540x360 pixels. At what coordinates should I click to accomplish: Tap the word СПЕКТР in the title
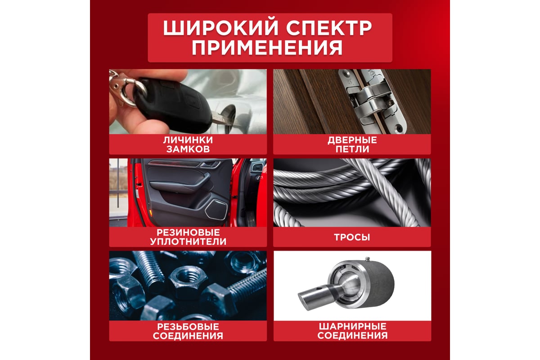(329, 28)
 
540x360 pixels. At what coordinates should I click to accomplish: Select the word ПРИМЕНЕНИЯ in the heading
(267, 48)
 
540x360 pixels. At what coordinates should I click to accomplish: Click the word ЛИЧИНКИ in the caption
(188, 140)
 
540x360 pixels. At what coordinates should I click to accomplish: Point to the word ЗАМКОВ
(188, 149)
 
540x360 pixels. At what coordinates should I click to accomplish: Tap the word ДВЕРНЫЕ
(352, 140)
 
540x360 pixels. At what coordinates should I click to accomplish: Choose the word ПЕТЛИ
(352, 149)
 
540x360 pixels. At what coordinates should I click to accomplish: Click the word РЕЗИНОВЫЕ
(188, 233)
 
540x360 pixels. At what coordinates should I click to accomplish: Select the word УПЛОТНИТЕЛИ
(188, 242)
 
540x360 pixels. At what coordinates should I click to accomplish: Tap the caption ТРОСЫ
(352, 237)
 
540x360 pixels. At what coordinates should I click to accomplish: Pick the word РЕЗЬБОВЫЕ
(188, 327)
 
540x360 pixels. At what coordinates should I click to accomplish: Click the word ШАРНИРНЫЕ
(352, 326)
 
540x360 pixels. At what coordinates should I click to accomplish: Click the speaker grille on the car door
(216, 210)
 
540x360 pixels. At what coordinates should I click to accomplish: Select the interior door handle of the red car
(210, 164)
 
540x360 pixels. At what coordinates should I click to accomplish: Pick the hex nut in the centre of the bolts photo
(188, 281)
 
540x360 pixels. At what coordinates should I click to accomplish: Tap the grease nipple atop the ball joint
(367, 259)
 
